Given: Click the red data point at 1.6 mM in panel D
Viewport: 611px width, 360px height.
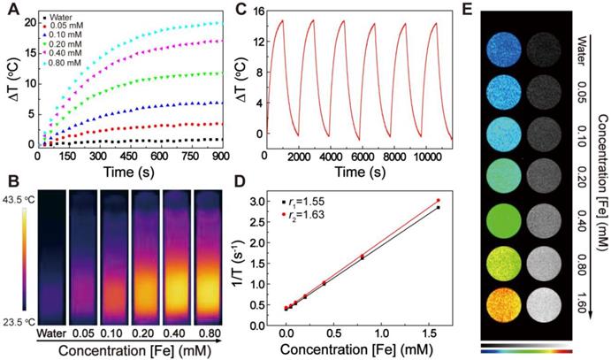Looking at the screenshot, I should point(438,201).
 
